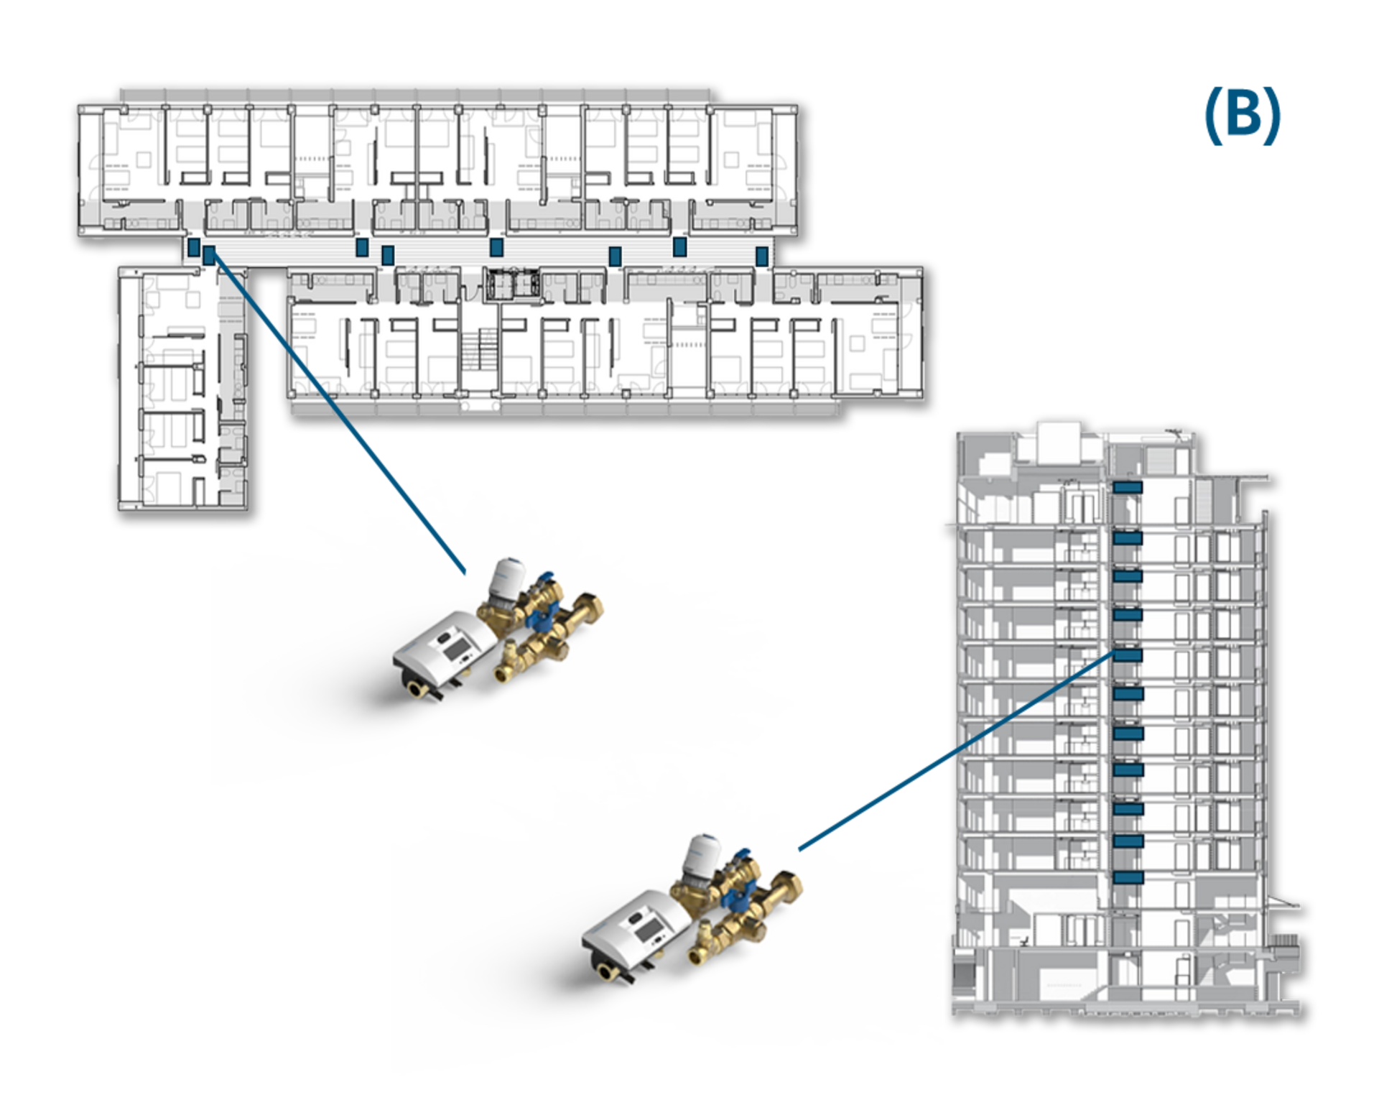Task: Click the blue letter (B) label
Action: (1243, 116)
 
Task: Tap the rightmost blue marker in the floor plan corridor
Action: (762, 254)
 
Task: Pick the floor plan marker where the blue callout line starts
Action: (209, 254)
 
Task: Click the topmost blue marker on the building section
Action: (1127, 487)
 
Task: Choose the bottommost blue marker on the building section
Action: (1127, 877)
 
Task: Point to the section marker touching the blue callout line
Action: (1127, 655)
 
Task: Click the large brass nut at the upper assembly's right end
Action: (590, 606)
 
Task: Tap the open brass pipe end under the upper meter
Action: (417, 693)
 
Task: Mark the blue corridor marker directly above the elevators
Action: (496, 247)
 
